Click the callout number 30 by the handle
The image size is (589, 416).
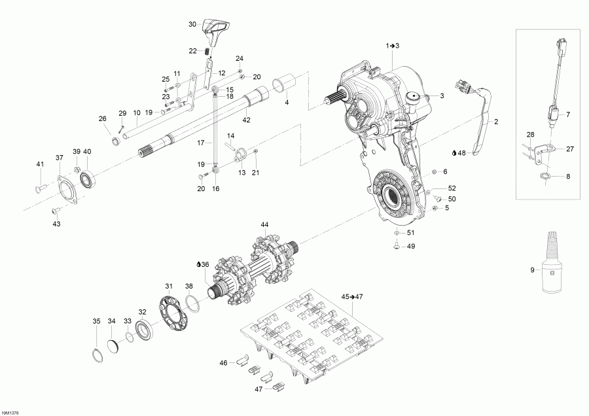click(x=192, y=24)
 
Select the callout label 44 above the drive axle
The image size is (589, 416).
click(x=264, y=224)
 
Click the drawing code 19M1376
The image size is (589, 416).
click(x=10, y=412)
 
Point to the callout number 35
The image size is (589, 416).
click(x=96, y=321)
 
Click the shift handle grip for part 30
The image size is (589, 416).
click(x=215, y=28)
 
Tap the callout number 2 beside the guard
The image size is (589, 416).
click(x=496, y=122)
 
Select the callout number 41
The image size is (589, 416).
click(x=39, y=164)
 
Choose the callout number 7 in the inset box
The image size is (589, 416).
click(x=567, y=114)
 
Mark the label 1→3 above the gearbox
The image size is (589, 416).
click(x=392, y=45)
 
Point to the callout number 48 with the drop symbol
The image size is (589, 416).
click(x=461, y=153)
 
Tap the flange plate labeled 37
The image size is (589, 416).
click(x=66, y=190)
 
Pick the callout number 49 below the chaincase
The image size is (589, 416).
click(x=411, y=247)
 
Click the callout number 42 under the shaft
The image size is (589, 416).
click(x=246, y=120)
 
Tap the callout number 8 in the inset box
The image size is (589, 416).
click(x=567, y=176)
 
